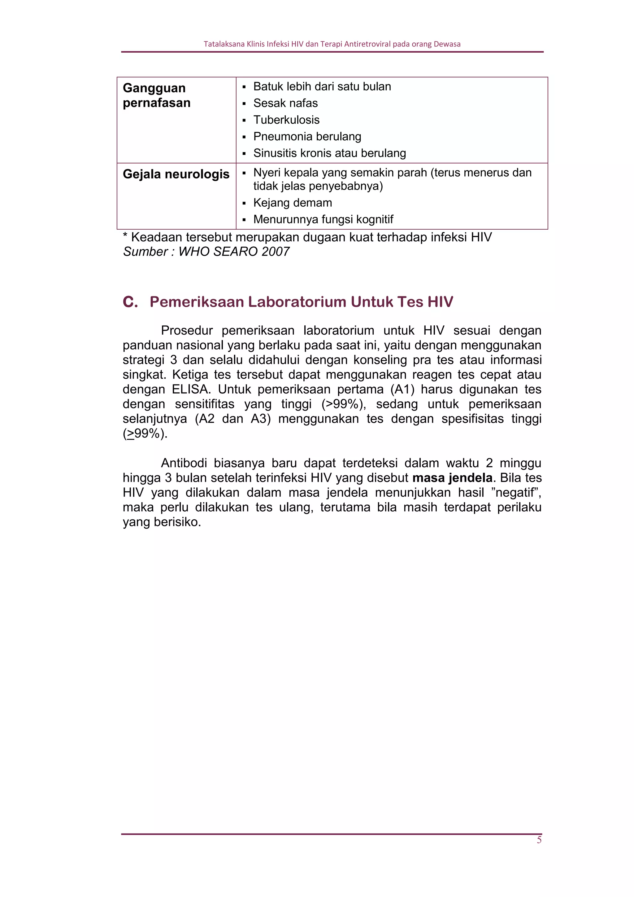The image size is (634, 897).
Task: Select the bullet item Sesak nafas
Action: [285, 103]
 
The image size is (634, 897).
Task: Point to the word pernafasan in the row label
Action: [157, 103]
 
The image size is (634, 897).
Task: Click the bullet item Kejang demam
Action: [293, 203]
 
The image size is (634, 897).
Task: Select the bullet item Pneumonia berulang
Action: [307, 137]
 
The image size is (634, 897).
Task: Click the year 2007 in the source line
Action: [276, 252]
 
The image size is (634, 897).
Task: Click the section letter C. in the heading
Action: [130, 302]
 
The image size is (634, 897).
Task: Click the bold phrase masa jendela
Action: [452, 478]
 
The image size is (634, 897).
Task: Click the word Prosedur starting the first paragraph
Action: [187, 331]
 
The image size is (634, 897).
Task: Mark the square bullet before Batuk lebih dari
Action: [244, 87]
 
